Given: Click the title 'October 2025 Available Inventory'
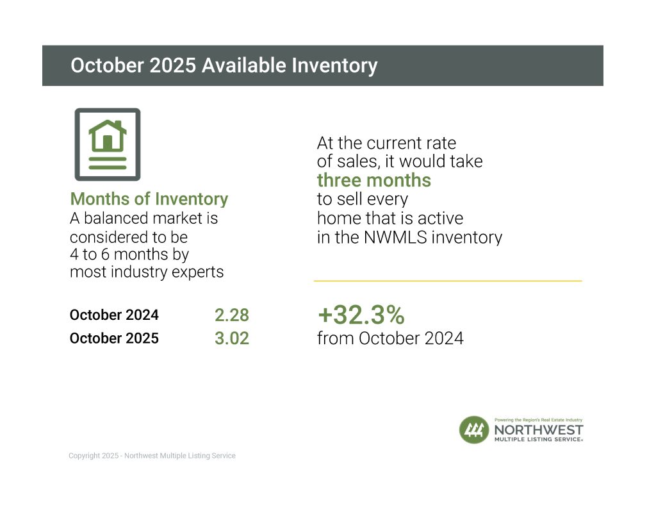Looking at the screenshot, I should [224, 65].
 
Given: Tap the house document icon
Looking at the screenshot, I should [108, 144].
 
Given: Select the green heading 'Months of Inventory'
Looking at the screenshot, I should [149, 199].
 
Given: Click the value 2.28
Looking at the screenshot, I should [231, 315].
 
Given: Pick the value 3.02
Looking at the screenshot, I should [231, 338].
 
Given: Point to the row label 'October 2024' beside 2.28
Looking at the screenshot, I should [114, 315].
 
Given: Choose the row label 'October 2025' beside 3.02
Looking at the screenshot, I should [114, 338].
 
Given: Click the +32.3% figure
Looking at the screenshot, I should [361, 315].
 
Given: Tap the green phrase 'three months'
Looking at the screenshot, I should [374, 180].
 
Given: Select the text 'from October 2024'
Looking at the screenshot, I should [390, 338].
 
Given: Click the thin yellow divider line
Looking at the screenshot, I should [448, 281].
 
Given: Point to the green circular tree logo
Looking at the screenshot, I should [474, 429].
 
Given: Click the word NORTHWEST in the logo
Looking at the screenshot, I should [538, 429].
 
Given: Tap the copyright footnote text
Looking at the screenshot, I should [152, 456].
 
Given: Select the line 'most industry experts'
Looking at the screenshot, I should [147, 272].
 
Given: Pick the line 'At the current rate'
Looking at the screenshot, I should [386, 143].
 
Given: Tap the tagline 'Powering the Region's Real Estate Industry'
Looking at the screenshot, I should [538, 419].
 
